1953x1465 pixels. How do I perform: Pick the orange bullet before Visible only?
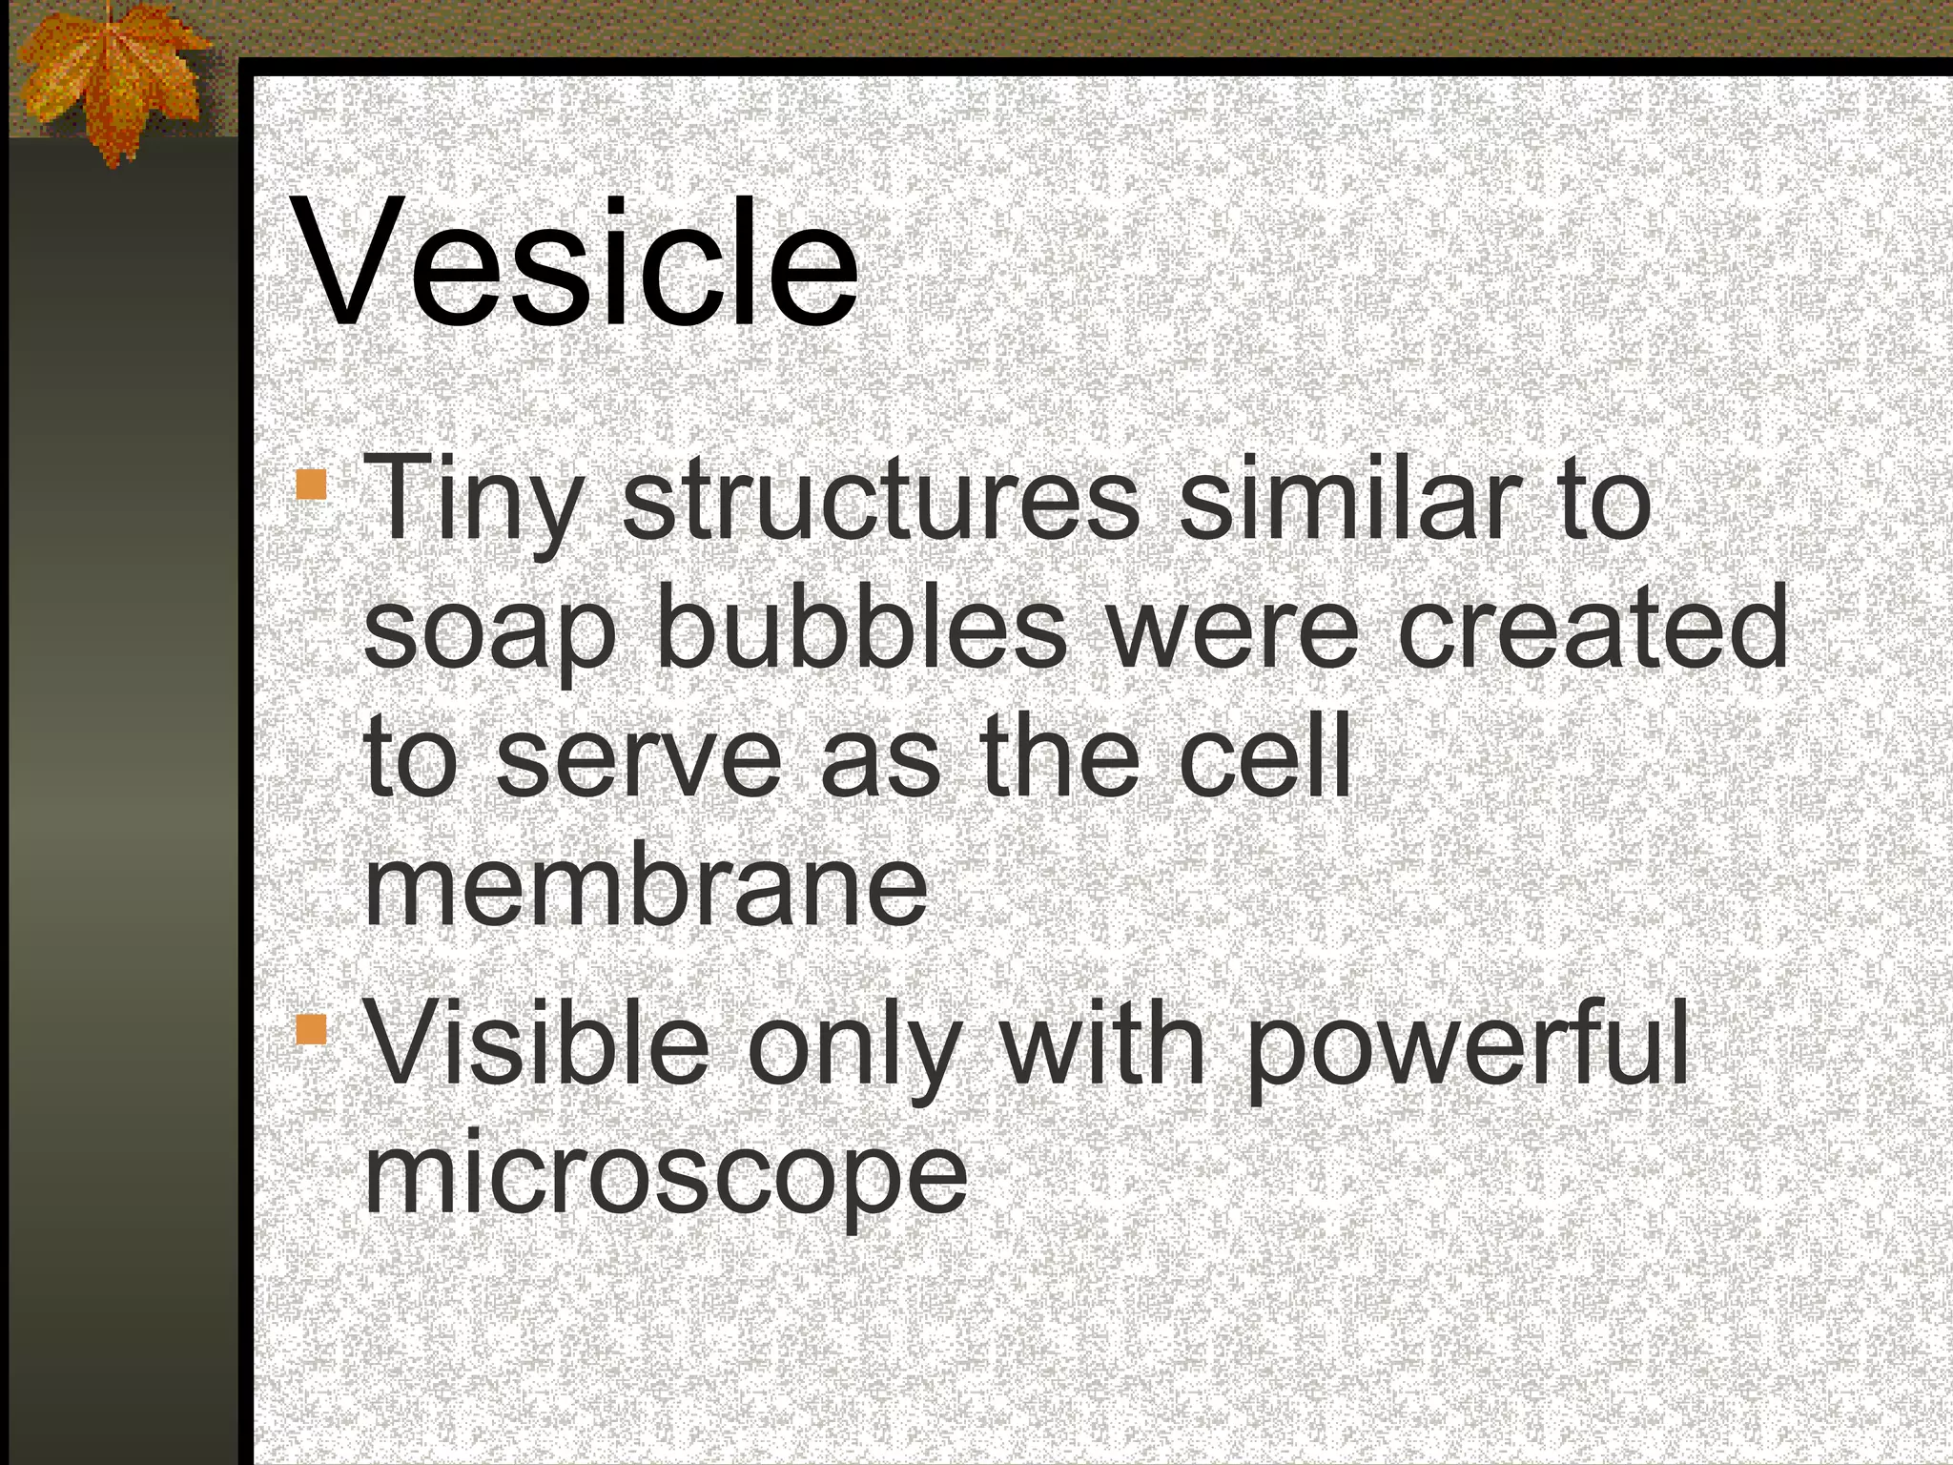311,1030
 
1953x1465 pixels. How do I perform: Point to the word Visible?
539,1043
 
